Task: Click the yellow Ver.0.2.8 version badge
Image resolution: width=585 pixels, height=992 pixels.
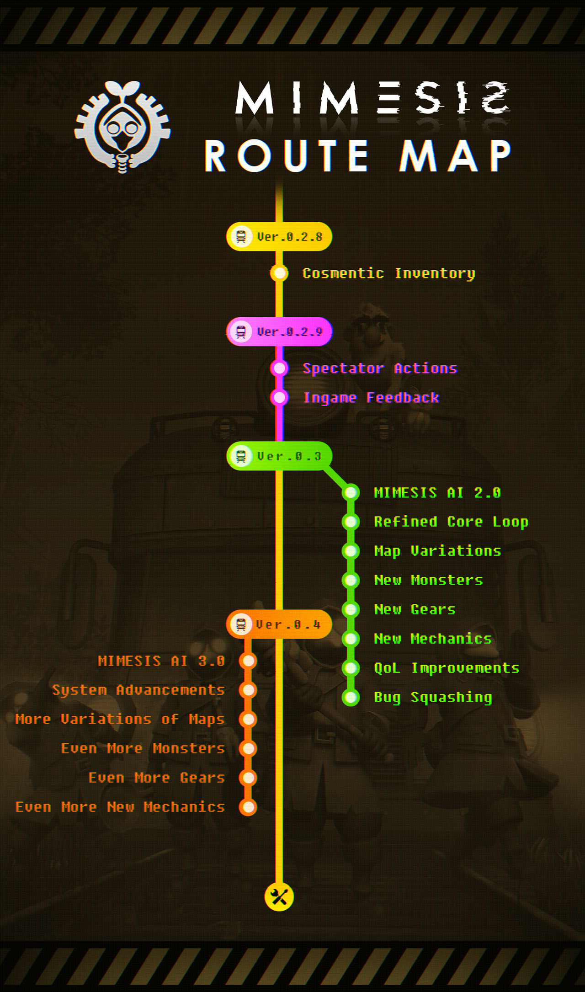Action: pos(279,236)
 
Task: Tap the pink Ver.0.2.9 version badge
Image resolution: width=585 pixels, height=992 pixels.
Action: pos(279,331)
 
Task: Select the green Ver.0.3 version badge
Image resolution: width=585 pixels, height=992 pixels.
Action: pos(279,456)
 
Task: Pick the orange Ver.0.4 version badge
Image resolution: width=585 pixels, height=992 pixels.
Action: pos(279,624)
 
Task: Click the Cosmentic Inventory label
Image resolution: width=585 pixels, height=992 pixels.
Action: pos(389,273)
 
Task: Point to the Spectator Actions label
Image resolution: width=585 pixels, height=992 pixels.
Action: pos(380,368)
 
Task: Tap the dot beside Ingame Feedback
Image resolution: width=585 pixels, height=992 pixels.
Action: pos(279,398)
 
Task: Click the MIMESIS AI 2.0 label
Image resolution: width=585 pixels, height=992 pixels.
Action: pos(437,493)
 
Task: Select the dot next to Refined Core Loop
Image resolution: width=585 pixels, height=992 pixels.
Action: pos(351,522)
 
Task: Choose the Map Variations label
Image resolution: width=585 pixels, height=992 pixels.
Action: pos(437,551)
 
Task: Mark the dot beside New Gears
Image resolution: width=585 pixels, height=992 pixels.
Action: pos(351,609)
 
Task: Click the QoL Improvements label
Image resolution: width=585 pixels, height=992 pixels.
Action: pos(447,668)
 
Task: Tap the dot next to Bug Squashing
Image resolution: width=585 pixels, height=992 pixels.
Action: pos(351,697)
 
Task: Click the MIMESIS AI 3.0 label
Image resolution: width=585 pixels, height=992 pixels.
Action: pos(161,661)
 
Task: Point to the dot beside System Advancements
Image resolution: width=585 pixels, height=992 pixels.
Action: pos(248,690)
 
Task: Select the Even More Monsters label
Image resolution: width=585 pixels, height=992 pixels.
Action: pos(143,749)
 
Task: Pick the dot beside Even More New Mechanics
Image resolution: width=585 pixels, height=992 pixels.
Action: pos(248,807)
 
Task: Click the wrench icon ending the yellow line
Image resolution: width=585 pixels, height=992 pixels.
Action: pos(279,897)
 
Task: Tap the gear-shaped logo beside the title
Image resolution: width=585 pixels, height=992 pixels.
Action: pos(122,127)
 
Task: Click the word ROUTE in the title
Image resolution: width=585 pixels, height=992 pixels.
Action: pos(287,156)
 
